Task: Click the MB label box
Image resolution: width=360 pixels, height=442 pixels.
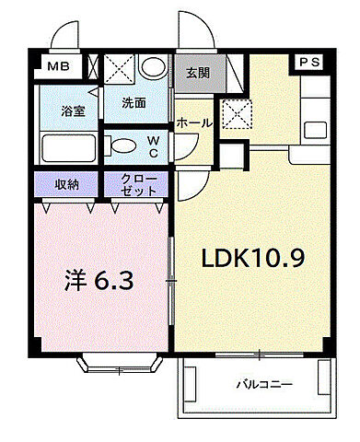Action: (56, 66)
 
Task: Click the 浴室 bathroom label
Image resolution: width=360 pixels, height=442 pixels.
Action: (73, 111)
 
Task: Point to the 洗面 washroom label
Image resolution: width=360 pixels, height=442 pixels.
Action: (134, 103)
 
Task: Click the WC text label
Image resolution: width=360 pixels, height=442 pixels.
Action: (154, 145)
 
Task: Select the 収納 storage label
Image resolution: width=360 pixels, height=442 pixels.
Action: (67, 184)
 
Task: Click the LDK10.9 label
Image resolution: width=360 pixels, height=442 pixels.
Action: (253, 260)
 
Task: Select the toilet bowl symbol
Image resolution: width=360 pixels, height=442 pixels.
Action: (121, 145)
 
